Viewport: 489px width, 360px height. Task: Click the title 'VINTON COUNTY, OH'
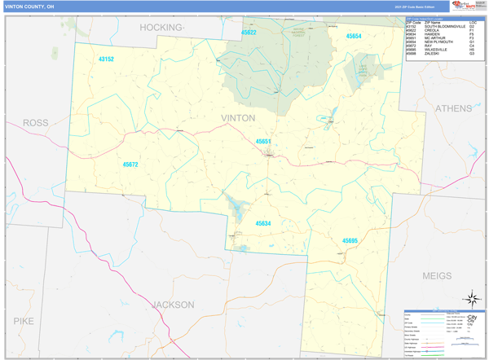click(30, 6)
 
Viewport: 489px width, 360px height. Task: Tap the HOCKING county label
click(161, 27)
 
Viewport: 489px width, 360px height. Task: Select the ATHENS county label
click(453, 108)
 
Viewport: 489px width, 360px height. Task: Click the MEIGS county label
click(437, 276)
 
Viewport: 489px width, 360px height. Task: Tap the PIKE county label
click(24, 321)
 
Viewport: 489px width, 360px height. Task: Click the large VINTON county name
click(238, 118)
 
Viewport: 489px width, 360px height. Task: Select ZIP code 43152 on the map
click(106, 59)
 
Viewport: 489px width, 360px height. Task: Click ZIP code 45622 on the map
click(249, 33)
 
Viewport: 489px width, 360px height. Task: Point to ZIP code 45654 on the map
click(354, 37)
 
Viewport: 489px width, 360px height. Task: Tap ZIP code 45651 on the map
click(263, 142)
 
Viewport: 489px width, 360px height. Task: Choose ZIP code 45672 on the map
click(130, 165)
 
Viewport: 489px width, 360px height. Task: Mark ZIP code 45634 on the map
click(263, 222)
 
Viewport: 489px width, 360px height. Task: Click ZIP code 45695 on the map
click(350, 240)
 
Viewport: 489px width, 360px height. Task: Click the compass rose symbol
click(471, 299)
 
